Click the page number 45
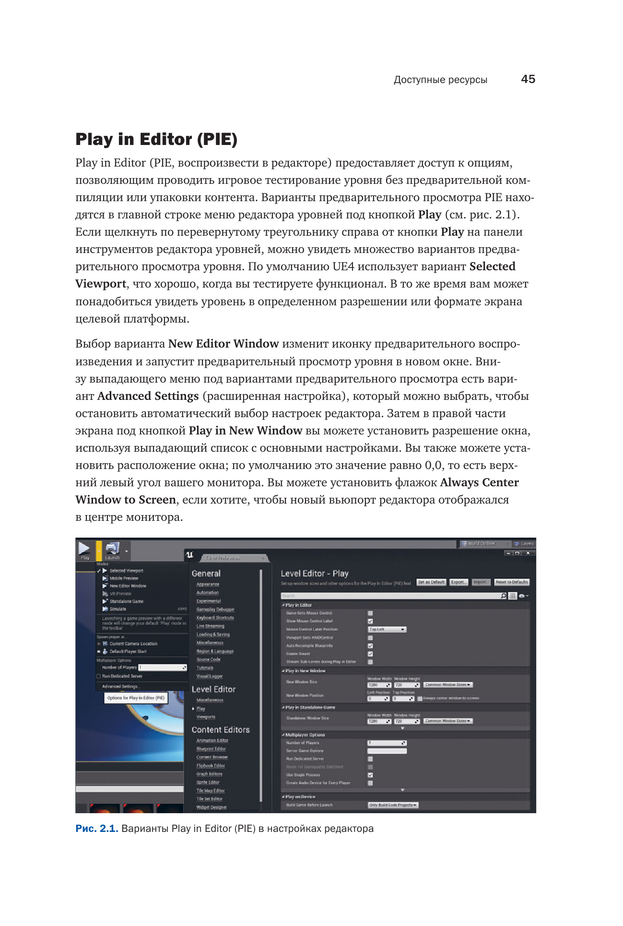528,79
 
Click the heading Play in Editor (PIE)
156,139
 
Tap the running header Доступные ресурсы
440,80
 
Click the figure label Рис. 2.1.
97,829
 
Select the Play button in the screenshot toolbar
85,550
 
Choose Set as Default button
431,582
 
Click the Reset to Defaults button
512,582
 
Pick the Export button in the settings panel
458,582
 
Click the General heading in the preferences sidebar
206,574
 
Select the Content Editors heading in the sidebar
221,730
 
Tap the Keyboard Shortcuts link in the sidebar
215,618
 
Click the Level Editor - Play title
315,574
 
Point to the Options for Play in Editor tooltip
136,698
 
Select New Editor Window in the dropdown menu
128,586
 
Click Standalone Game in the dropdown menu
126,601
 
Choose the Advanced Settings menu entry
120,686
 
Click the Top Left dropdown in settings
387,629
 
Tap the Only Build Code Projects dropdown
393,805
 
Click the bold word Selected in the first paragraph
492,267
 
